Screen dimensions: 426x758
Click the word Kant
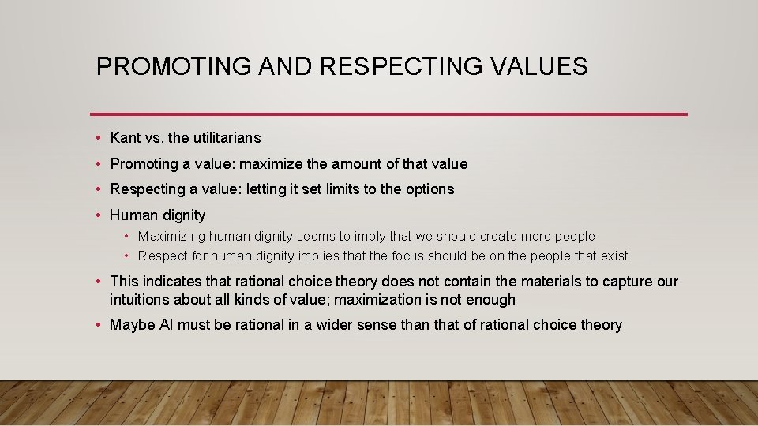coord(126,138)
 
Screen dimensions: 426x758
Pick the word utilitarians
coord(227,138)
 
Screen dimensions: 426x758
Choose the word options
coord(430,189)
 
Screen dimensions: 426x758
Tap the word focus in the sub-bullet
coord(432,256)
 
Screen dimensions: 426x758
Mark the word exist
coord(614,256)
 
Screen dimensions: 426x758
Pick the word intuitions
coord(140,300)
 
